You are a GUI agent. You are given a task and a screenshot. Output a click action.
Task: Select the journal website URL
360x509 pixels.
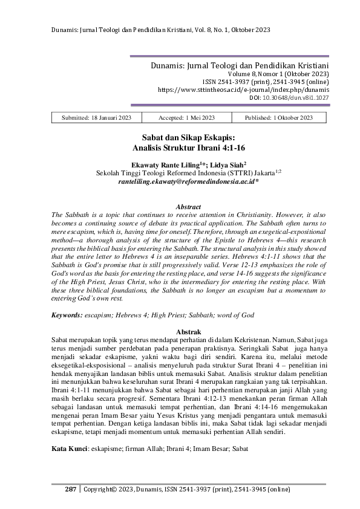pos(243,89)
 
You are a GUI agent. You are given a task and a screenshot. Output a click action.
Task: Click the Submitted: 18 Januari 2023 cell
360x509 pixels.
pos(97,118)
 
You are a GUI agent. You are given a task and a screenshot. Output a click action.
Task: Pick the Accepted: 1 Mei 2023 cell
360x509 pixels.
pos(186,118)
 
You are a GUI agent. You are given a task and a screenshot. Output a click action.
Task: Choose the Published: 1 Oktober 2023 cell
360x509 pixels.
pos(280,118)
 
